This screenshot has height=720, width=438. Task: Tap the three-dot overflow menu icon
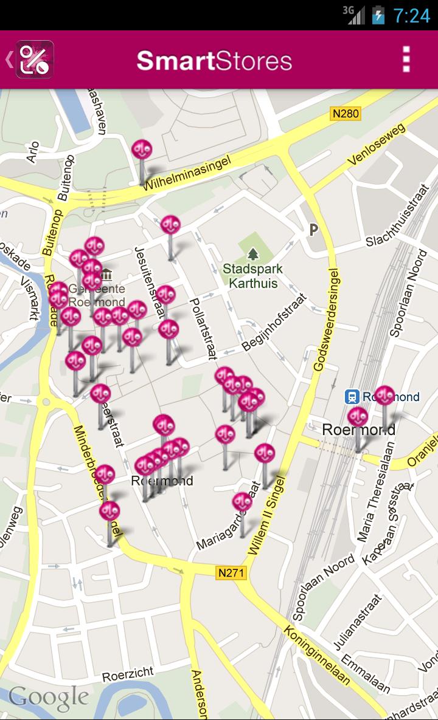(x=406, y=60)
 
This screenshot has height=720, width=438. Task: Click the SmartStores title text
(x=214, y=61)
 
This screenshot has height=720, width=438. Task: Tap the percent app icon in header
(x=35, y=60)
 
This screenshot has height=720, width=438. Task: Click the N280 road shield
(x=346, y=114)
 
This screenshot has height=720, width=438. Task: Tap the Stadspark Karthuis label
(x=250, y=276)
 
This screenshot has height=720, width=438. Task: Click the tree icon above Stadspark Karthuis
(x=252, y=253)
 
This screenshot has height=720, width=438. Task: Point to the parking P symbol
(x=313, y=230)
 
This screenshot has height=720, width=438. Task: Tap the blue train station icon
(x=351, y=397)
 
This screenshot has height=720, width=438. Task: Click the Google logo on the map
(x=49, y=698)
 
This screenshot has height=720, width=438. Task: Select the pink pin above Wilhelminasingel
(x=142, y=149)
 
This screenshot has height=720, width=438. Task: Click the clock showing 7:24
(x=412, y=15)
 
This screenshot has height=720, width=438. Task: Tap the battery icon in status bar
(x=378, y=15)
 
